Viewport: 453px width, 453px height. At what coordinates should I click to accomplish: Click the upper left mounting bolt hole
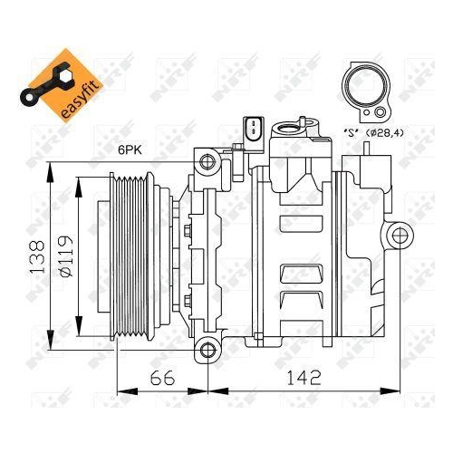pos(207,162)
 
